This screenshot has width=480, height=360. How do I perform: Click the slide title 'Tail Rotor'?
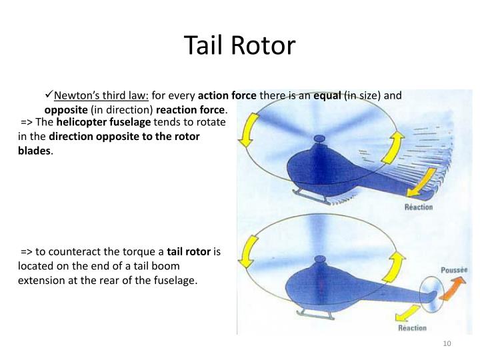[x=239, y=45]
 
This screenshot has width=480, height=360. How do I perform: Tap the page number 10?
[x=447, y=343]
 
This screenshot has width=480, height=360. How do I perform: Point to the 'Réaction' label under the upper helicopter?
[x=419, y=207]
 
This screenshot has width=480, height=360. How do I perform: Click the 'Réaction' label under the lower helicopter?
[x=412, y=327]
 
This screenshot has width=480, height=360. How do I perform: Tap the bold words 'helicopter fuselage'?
[x=104, y=122]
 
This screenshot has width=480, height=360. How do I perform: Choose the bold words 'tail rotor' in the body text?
[x=189, y=252]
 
